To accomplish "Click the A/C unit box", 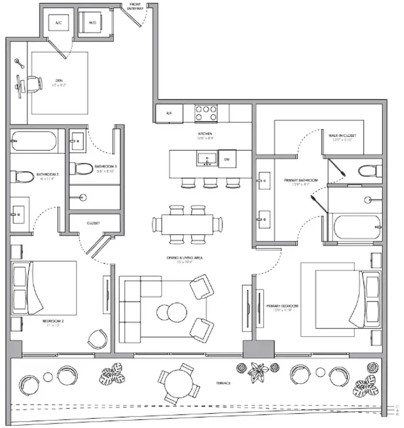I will coord(59,22).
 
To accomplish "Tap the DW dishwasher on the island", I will coord(227,159).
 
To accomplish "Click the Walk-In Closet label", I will coord(342,137).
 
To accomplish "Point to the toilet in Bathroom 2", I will coord(21,173).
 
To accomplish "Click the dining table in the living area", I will coord(188,222).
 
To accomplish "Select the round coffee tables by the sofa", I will coord(171,313).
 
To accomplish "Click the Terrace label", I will coord(223,383).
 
